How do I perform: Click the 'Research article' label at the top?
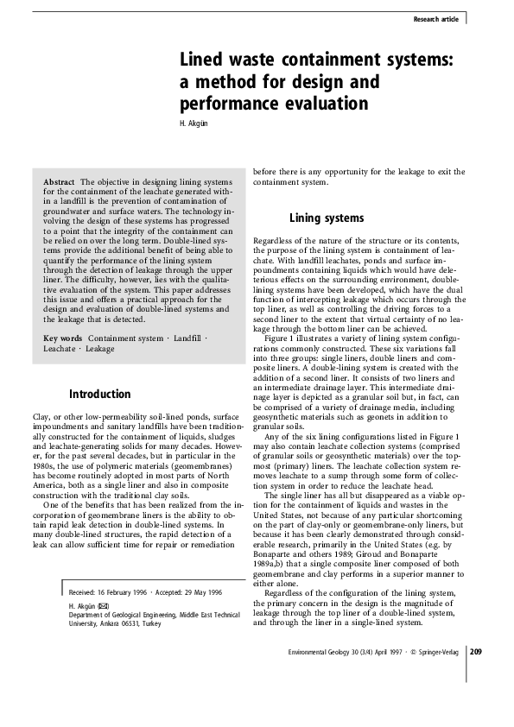436,18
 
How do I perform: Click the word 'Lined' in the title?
203,60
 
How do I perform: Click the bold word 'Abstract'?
58,182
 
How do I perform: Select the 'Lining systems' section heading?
327,218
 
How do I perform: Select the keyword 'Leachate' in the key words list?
60,349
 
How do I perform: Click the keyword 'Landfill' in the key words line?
187,338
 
